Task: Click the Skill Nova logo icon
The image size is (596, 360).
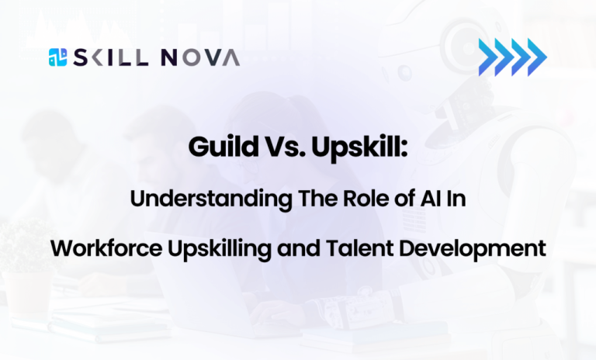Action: (x=57, y=57)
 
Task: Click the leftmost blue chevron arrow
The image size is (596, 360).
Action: (x=488, y=56)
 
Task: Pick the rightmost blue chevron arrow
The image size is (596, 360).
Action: (x=537, y=56)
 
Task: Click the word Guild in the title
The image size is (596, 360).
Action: (x=220, y=148)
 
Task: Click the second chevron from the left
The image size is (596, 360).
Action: (x=504, y=56)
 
